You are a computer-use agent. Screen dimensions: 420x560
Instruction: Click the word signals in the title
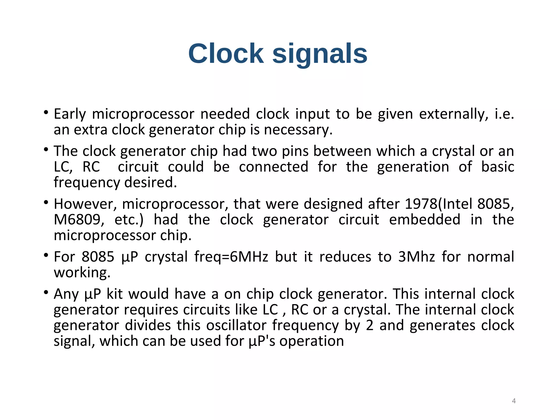point(320,54)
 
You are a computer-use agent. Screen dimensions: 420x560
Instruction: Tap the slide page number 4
point(514,401)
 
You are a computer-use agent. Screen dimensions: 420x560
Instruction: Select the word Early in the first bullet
point(70,114)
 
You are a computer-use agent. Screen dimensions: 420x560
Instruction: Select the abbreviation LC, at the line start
point(63,167)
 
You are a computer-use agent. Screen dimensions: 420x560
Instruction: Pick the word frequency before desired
point(87,183)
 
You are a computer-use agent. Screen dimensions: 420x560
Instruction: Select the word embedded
point(424,220)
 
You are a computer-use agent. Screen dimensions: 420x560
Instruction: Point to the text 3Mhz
point(416,257)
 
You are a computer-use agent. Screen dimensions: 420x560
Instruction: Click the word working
point(82,273)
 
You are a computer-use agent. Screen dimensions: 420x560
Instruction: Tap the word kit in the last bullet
point(114,294)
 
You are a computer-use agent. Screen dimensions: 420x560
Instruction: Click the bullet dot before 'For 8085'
point(46,255)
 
